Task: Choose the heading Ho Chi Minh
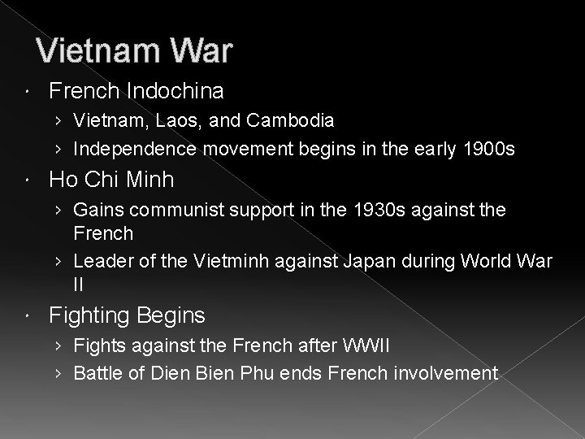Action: click(111, 179)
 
